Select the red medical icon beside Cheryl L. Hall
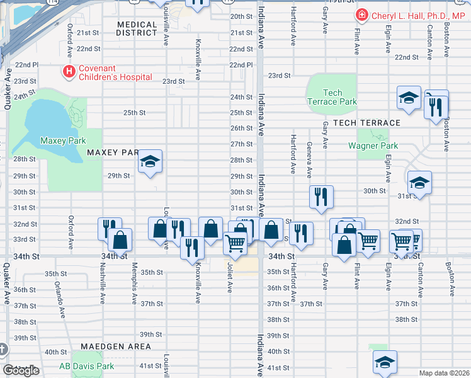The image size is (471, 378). [x=362, y=15]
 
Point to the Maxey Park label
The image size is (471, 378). [x=62, y=140]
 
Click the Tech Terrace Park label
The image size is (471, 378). [x=331, y=97]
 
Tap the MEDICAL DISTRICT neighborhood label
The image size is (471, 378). [x=137, y=29]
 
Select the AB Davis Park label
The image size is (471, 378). [x=86, y=366]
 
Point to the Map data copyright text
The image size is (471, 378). [x=444, y=373]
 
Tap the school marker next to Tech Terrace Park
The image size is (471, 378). [x=409, y=98]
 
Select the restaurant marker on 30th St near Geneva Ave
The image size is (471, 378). [x=321, y=197]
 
